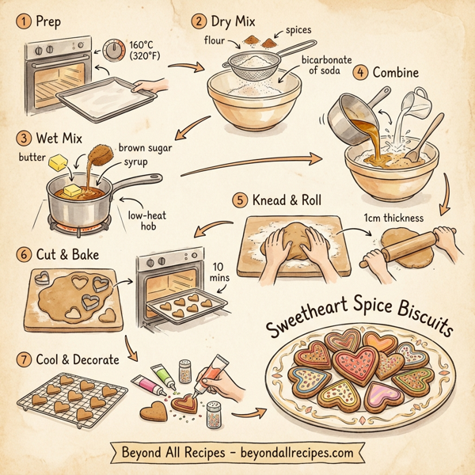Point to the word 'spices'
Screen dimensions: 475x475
pos(297,30)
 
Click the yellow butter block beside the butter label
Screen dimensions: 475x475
pos(59,162)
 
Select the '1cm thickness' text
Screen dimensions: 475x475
pos(393,217)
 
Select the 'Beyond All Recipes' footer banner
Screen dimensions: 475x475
pos(237,454)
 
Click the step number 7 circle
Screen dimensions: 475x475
pos(24,359)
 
